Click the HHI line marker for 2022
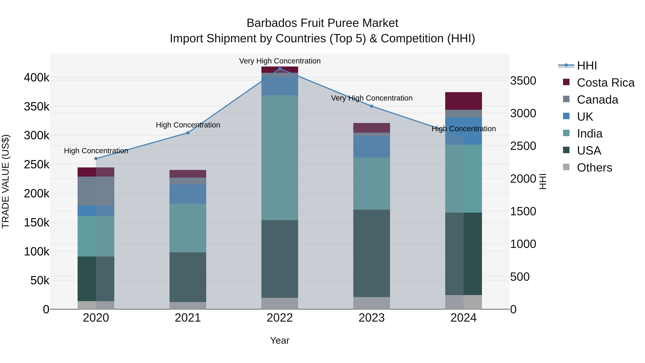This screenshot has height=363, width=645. coord(280,68)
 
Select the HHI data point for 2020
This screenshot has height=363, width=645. coord(96,159)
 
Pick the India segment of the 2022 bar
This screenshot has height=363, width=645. coord(280,158)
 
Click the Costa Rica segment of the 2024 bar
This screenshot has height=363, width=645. coord(464,101)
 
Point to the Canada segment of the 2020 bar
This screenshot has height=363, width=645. coord(96,191)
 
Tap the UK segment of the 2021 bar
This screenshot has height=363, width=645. coord(188,194)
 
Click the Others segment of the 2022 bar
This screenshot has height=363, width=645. coord(280,303)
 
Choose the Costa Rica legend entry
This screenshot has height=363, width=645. coord(605,83)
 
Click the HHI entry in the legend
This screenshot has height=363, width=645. coord(587,66)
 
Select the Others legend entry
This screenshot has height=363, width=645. coord(594,168)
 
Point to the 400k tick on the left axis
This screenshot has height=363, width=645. coord(37,78)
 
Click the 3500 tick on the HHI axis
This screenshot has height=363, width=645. coord(523,81)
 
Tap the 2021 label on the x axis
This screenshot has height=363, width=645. coord(188,318)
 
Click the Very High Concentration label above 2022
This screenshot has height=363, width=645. coord(280,61)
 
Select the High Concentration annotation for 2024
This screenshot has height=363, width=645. coord(464,129)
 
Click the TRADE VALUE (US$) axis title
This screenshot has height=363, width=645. coord(6,181)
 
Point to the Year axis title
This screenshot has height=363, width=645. coord(280,340)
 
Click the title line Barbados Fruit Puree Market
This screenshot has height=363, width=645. coord(322,23)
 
